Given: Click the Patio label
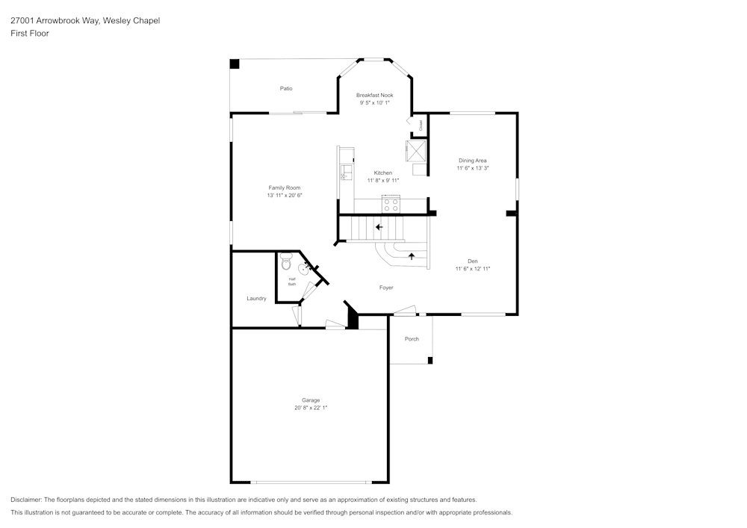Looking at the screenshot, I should click(x=286, y=88).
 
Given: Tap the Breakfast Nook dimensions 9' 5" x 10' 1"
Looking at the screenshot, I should click(x=374, y=103).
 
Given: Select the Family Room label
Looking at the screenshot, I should click(x=285, y=187).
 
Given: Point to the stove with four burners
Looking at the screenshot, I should click(x=391, y=204).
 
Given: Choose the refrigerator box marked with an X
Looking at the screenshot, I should click(x=415, y=151).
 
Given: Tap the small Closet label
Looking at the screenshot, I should click(x=421, y=125).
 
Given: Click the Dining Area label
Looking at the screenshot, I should click(x=472, y=161).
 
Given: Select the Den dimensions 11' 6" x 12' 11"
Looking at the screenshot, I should click(x=472, y=269).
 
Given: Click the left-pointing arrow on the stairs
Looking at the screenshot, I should click(x=379, y=227).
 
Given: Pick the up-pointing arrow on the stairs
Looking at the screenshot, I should click(x=411, y=256).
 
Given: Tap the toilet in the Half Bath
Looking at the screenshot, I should click(x=285, y=263).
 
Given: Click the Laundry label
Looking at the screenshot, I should click(x=256, y=299).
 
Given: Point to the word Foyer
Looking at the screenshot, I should click(x=385, y=288).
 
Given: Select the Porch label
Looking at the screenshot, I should click(x=412, y=339).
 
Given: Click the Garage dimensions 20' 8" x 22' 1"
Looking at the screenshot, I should click(x=311, y=408).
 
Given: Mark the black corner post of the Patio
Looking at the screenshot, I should click(x=234, y=64).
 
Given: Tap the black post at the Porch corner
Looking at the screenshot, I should click(x=430, y=361).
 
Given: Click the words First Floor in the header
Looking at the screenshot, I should click(x=30, y=34).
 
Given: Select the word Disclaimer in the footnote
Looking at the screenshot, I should click(x=26, y=500).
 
